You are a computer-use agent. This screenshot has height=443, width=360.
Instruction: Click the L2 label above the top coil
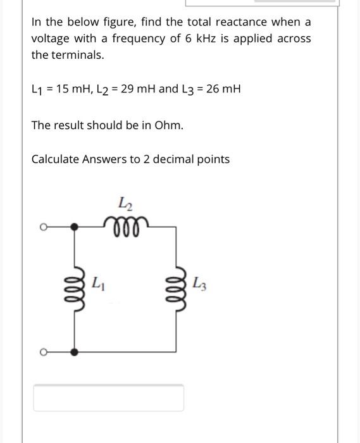(x=125, y=203)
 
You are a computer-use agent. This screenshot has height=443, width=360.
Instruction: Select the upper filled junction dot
(x=75, y=225)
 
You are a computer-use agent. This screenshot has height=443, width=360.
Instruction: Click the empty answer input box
(x=108, y=397)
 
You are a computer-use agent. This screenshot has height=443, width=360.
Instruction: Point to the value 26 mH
(x=223, y=89)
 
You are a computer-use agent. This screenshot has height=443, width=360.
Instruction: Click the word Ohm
(x=168, y=125)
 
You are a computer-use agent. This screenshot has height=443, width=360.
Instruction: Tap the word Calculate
(x=55, y=159)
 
